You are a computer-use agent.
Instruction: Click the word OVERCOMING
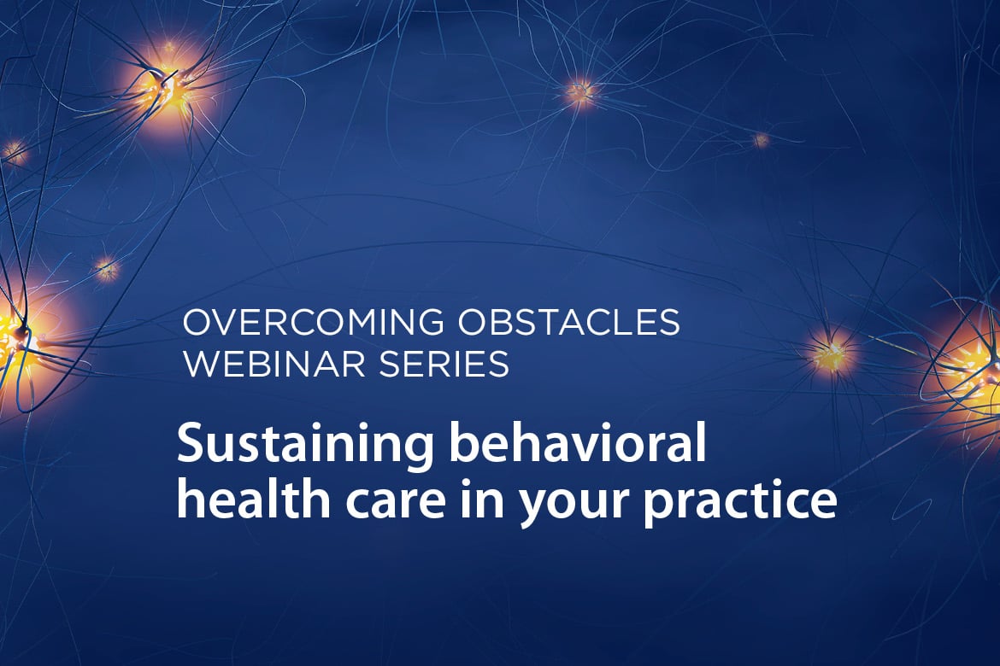coord(313,322)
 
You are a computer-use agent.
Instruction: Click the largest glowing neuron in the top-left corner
coord(168,87)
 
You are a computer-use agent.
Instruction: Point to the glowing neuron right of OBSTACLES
coord(830,353)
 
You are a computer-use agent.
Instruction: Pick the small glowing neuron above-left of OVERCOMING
coord(107,269)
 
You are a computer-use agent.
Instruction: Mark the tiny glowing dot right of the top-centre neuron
coord(760,139)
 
